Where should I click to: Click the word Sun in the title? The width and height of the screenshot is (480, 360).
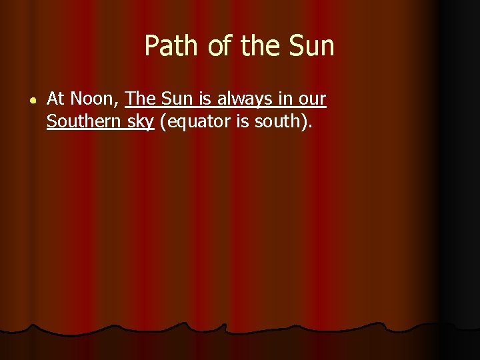311,46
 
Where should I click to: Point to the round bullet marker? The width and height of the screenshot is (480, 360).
33,100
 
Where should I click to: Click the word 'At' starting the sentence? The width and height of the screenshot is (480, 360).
55,99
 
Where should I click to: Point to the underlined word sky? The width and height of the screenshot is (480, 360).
140,123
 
